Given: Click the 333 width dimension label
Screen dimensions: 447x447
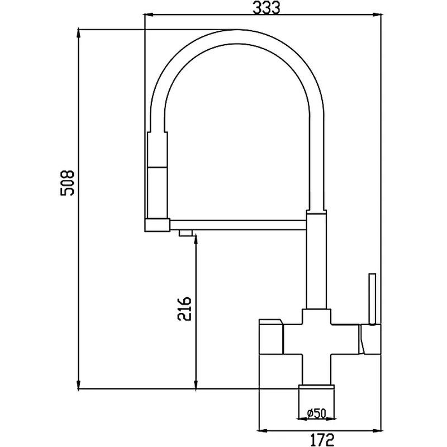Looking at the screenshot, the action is [x=267, y=7].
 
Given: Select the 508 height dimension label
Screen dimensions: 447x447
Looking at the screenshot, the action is [x=67, y=183].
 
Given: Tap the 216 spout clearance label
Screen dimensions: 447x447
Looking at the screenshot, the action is [x=184, y=309].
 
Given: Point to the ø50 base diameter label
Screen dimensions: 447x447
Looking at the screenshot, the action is [x=317, y=413].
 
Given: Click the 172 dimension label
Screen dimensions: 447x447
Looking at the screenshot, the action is [x=322, y=440].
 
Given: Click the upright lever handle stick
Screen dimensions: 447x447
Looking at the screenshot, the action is [x=372, y=298].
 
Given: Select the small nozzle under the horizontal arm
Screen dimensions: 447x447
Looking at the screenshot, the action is [x=186, y=232].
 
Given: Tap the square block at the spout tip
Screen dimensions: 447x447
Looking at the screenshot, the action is [x=158, y=225].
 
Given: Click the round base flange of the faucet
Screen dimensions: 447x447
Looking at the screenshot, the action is [x=316, y=387].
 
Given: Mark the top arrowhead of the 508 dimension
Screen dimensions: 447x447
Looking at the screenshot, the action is [x=79, y=34].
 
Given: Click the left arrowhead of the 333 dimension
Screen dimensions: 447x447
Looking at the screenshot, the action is [x=150, y=15].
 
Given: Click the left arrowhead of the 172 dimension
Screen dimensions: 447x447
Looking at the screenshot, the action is [x=263, y=430].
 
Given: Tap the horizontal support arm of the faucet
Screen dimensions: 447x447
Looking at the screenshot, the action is [x=238, y=225].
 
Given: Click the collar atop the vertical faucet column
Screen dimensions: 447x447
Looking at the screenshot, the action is [x=316, y=212].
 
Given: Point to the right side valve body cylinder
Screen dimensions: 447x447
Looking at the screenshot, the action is [x=370, y=340].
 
